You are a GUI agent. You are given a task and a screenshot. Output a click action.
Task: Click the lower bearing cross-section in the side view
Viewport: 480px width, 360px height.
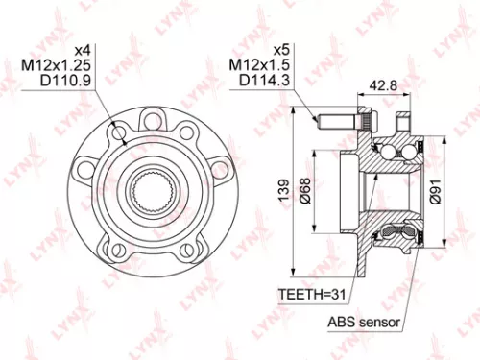coord(396,230)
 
